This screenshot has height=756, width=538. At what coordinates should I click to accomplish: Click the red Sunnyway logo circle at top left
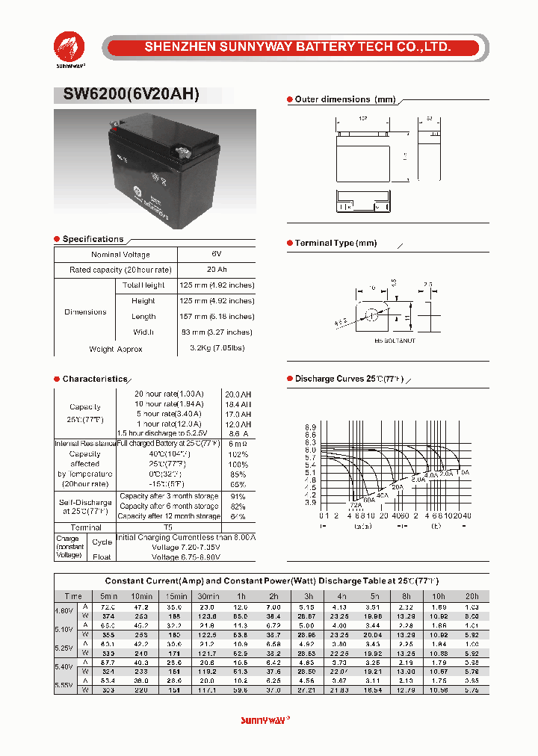pos(69,47)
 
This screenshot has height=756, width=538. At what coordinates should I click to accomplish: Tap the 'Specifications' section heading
pos(93,239)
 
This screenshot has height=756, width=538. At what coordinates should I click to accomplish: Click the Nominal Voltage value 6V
pos(216,255)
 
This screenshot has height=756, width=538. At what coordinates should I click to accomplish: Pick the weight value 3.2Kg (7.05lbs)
pos(216,348)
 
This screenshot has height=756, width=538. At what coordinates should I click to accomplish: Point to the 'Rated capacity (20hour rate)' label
pos(120,270)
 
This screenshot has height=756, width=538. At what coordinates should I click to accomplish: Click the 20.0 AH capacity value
pos(238,394)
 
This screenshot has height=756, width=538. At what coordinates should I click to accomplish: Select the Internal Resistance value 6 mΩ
pos(238,444)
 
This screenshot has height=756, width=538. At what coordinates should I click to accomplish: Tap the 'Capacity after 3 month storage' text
pos(169,496)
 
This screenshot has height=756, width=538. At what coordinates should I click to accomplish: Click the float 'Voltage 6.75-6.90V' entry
pos(185,557)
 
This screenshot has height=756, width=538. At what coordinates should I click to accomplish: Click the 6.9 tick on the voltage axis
pos(310,427)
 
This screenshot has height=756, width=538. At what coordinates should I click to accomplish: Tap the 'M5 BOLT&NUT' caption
pos(395,341)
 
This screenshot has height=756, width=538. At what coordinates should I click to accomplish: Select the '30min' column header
pos(208,596)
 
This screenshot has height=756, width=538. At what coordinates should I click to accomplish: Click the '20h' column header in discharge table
pos(471,596)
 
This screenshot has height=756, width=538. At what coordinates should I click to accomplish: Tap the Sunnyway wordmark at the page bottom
pos(265,720)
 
